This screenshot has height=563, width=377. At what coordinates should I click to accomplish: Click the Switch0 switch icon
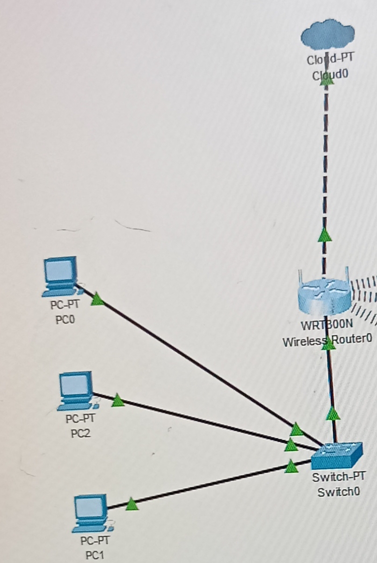(337, 455)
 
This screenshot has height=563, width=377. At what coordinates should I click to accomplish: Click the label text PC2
(80, 434)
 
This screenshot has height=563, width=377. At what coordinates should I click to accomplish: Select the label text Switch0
(339, 492)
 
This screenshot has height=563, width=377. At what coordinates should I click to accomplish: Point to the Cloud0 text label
(328, 75)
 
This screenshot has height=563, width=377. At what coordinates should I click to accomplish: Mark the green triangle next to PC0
(97, 299)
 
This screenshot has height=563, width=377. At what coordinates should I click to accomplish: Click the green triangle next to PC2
(118, 400)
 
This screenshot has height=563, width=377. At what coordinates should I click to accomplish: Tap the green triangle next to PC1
(132, 504)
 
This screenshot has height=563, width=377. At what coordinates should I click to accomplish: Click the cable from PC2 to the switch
(201, 420)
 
